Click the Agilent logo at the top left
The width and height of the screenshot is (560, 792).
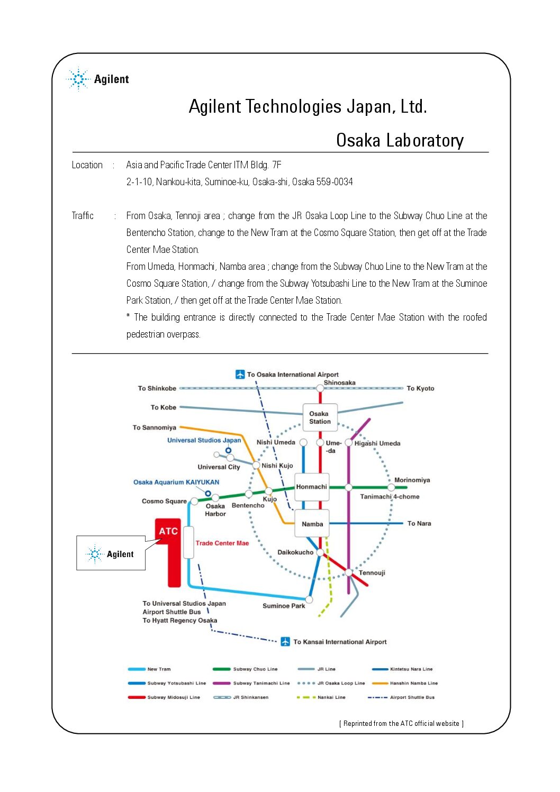[x=98, y=79]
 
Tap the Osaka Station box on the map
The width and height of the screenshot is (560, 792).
[x=320, y=417]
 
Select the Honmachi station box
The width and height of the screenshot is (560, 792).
[x=312, y=487]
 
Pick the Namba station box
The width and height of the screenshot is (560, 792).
[x=312, y=524]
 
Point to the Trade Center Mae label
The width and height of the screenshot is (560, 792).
[x=222, y=543]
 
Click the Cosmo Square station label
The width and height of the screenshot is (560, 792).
[x=164, y=501]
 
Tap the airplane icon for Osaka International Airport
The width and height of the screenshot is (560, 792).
[x=240, y=375]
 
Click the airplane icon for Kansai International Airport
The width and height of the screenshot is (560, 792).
[x=285, y=642]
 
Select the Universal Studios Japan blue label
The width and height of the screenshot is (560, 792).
[x=204, y=440]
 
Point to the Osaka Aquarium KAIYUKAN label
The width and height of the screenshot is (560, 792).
[x=176, y=482]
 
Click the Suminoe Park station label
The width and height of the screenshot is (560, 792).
[x=284, y=606]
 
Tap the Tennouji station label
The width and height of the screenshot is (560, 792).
[x=372, y=572]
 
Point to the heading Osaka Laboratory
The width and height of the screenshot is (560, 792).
[x=400, y=140]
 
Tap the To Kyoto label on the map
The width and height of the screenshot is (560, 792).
[x=420, y=388]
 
